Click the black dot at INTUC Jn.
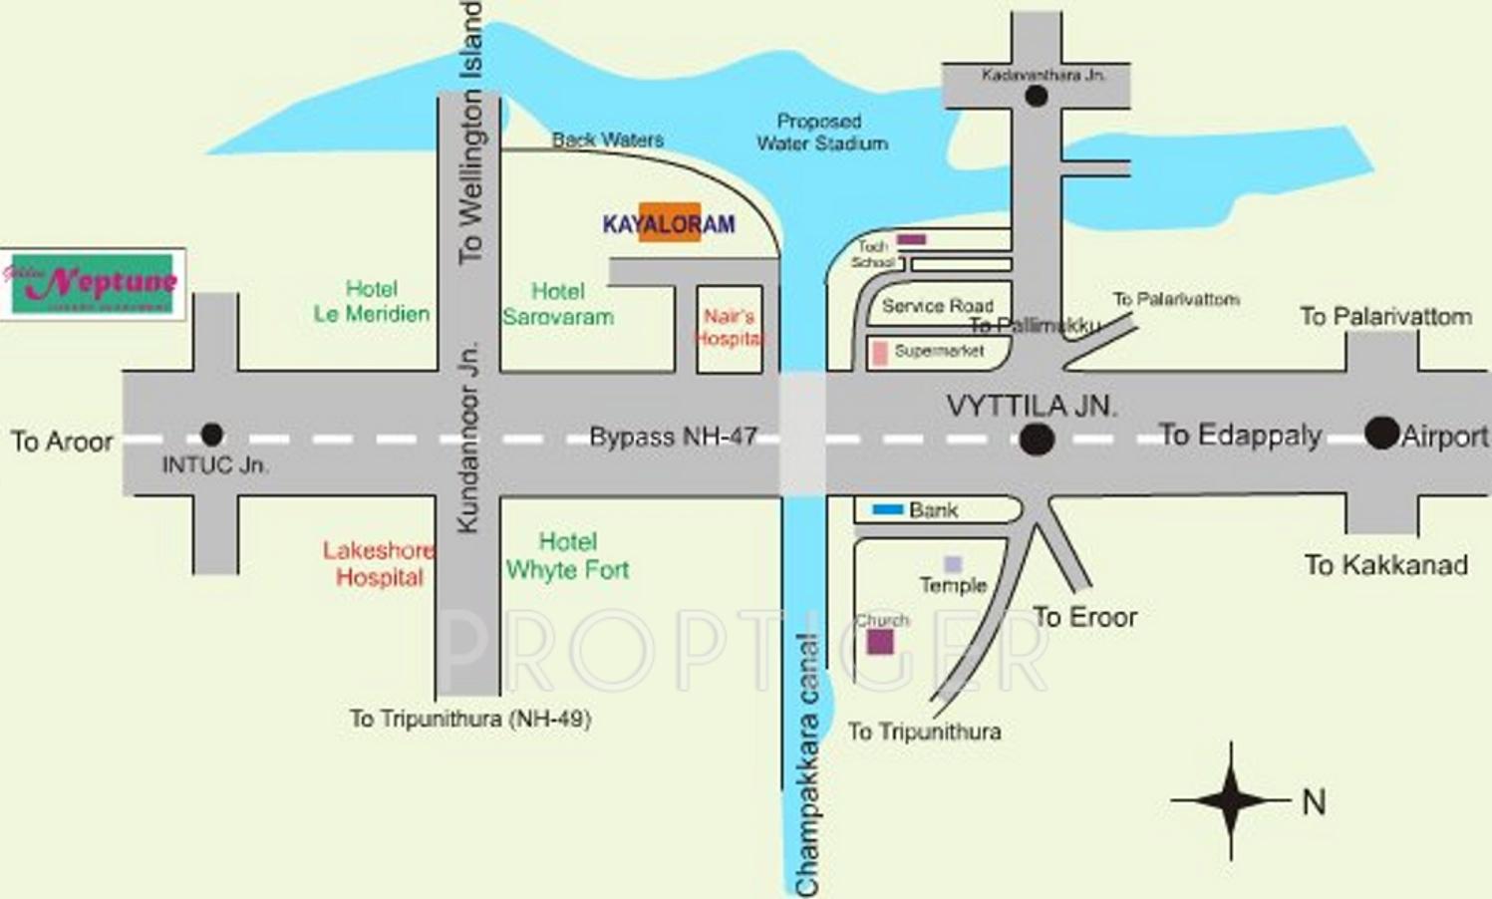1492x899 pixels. [211, 435]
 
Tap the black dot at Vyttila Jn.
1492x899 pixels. [1037, 440]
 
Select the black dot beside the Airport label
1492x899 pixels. [1381, 433]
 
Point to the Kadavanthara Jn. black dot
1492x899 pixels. [1036, 97]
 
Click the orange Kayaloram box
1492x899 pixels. [669, 223]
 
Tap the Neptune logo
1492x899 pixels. [93, 284]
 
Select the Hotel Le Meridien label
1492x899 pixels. [371, 301]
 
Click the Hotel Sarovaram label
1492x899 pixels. [557, 304]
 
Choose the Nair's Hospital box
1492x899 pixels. [729, 329]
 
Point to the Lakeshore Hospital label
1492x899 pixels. [379, 563]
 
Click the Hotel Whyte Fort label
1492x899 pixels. [567, 556]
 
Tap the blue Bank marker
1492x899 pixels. [887, 510]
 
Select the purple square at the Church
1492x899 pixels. [879, 641]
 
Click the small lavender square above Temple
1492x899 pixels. [953, 564]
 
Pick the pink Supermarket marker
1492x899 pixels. [880, 353]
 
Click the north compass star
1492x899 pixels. [1231, 799]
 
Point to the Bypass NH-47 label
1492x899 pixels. [673, 437]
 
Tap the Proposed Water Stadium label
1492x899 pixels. [821, 133]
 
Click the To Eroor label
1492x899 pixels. [1084, 618]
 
